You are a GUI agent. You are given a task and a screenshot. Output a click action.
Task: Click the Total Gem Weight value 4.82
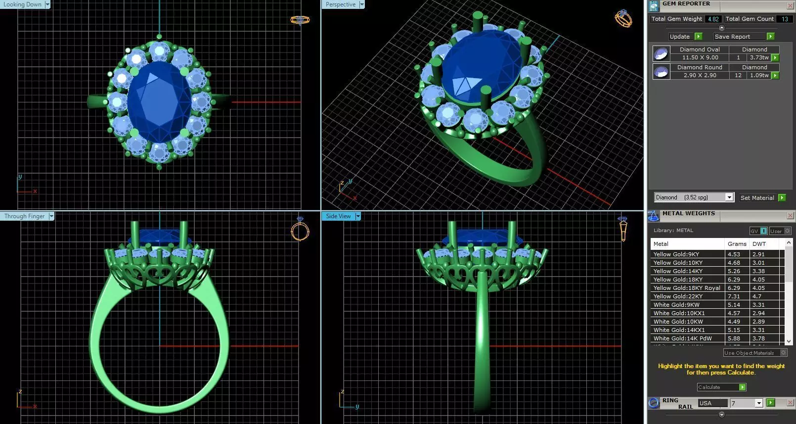coord(713,19)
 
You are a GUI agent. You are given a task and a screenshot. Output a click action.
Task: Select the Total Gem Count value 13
coord(785,19)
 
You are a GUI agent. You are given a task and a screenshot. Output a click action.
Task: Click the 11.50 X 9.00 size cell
coord(700,57)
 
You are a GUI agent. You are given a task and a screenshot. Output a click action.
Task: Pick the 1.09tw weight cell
coord(759,75)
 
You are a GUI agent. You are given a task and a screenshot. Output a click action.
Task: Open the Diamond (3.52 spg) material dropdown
coord(729,197)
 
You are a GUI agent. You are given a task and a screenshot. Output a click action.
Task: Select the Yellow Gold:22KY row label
coord(678,296)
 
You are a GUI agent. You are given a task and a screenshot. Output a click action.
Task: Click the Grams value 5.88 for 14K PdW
coord(734,338)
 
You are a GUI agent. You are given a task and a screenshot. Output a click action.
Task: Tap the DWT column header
coord(759,244)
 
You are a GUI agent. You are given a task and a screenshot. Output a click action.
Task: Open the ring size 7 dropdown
coord(758,403)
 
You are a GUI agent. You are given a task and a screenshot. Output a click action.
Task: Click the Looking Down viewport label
coord(23,4)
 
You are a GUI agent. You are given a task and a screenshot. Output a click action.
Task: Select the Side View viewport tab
coord(339,216)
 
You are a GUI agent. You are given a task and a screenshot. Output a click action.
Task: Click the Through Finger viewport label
coord(25,216)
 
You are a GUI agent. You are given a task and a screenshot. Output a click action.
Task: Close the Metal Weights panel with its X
coord(790,215)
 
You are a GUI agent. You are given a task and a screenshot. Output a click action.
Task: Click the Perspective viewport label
coord(341,4)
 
